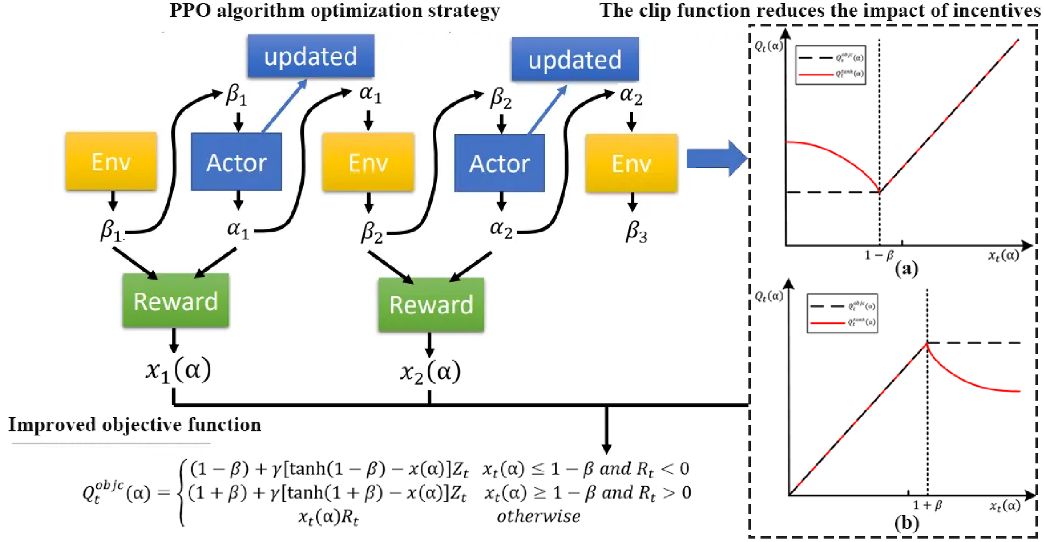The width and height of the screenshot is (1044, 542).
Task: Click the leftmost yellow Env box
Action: (x=111, y=162)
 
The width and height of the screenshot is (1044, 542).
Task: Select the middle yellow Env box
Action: (x=368, y=163)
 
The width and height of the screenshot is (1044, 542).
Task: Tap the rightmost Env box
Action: (x=631, y=163)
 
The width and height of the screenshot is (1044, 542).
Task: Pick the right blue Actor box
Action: (x=499, y=163)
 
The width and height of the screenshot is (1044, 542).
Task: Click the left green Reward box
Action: (x=175, y=300)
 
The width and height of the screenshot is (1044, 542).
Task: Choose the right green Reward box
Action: (x=431, y=304)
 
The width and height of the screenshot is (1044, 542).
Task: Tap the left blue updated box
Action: (x=311, y=56)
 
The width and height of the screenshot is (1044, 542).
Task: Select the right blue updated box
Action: (x=575, y=59)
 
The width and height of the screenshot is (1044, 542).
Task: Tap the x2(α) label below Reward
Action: (x=431, y=372)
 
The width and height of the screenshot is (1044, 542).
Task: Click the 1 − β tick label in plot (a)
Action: (x=879, y=254)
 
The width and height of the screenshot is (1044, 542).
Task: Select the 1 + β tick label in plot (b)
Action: (x=927, y=505)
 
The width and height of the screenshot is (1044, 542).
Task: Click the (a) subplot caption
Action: (x=906, y=268)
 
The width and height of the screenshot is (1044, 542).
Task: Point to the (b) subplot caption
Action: (x=906, y=523)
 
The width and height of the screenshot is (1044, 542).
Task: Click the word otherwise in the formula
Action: (x=538, y=517)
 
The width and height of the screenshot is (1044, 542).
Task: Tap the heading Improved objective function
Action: (x=134, y=425)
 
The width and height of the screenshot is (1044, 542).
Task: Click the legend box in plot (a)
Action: (x=830, y=65)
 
